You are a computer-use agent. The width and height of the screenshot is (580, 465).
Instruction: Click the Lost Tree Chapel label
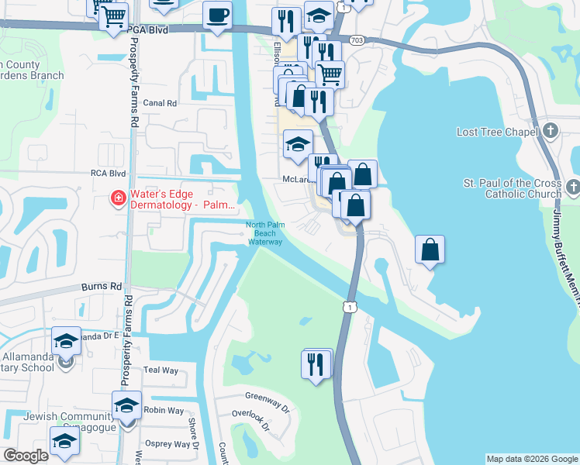(498, 133)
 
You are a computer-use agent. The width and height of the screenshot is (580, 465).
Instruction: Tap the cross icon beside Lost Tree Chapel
(551, 131)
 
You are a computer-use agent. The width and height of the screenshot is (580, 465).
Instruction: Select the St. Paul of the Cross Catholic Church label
(513, 188)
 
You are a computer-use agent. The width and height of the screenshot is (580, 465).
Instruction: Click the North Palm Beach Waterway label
(261, 233)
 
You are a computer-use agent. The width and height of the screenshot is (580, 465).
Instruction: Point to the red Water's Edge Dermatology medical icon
(118, 199)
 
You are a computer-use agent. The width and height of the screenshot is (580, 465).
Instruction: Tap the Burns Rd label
(102, 287)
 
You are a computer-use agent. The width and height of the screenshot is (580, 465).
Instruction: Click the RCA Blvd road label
(108, 174)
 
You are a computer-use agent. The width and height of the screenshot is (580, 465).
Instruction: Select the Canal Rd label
(161, 103)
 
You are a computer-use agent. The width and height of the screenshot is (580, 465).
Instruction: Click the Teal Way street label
(161, 371)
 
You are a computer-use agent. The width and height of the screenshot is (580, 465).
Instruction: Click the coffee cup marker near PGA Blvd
(217, 15)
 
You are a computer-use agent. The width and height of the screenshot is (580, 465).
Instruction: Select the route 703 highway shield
(356, 40)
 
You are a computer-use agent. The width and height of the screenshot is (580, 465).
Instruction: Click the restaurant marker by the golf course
(316, 363)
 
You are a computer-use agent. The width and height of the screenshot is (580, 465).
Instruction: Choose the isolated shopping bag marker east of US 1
(430, 250)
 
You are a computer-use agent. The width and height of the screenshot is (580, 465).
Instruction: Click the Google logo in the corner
(26, 456)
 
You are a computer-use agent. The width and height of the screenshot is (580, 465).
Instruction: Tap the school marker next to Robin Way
(126, 406)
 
